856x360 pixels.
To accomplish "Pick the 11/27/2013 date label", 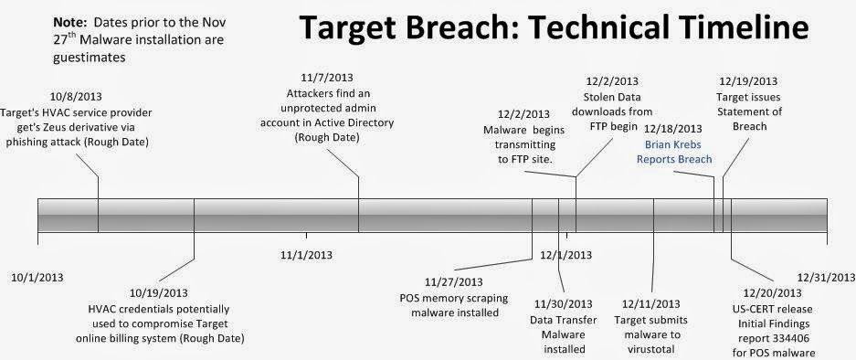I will [454, 281].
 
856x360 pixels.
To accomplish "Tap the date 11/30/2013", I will [561, 304].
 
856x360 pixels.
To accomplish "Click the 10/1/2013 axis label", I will [37, 274].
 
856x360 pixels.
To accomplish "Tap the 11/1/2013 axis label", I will [306, 254].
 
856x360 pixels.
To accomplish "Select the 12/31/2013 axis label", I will [823, 276].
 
